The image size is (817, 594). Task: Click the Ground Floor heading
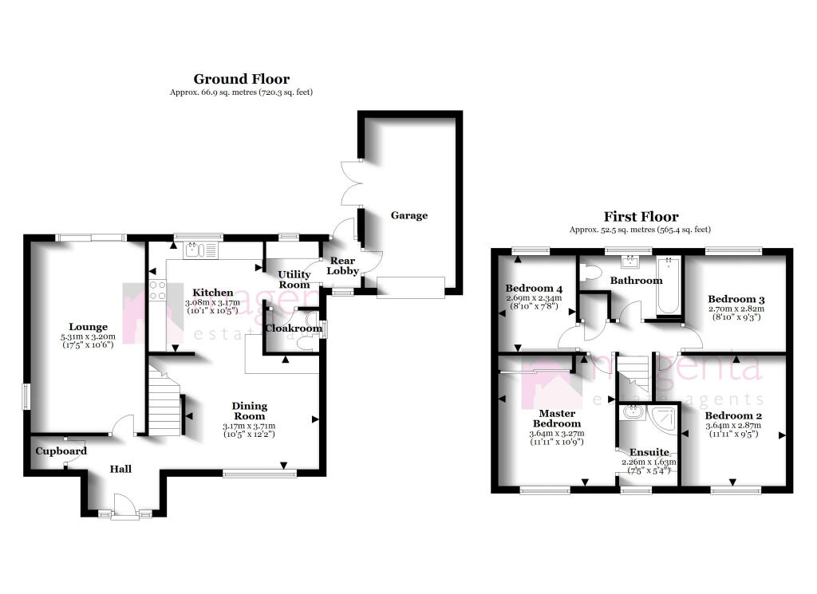pyautogui.click(x=241, y=79)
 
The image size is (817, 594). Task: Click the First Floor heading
pyautogui.click(x=641, y=216)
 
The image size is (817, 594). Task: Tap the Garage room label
pyautogui.click(x=408, y=215)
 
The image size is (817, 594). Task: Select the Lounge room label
pyautogui.click(x=88, y=326)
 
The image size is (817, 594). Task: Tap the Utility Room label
pyautogui.click(x=294, y=279)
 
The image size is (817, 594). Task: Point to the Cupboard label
pyautogui.click(x=61, y=451)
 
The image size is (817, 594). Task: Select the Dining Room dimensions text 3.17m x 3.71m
pyautogui.click(x=250, y=427)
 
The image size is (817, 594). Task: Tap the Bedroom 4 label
pyautogui.click(x=534, y=289)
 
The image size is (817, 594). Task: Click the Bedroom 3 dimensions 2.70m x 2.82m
pyautogui.click(x=736, y=309)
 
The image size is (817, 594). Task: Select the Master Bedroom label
pyautogui.click(x=557, y=417)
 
